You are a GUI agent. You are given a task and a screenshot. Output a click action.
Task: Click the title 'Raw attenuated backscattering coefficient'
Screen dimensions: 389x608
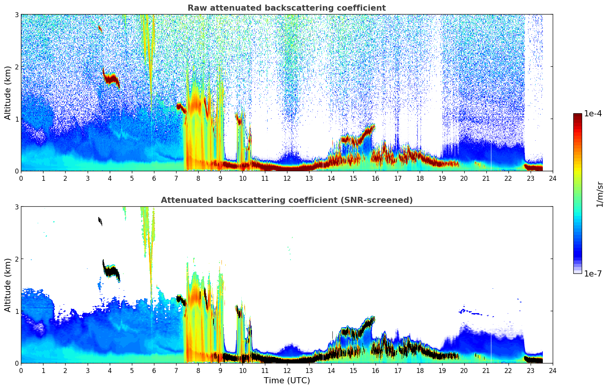287,8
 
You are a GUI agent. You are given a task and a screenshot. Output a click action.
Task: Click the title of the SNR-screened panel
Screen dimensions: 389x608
287,200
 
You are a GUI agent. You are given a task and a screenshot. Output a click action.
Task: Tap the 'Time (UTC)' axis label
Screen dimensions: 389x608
287,381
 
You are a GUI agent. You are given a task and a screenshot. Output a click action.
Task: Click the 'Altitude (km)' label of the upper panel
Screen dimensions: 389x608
8,93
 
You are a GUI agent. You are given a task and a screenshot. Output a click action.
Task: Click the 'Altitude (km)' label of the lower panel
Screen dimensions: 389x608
8,285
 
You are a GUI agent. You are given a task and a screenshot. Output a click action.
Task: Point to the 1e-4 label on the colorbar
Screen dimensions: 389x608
593,114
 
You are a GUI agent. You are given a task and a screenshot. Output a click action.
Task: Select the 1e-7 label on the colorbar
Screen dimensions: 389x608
593,273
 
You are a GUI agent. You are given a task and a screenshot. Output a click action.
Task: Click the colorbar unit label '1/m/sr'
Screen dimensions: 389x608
600,194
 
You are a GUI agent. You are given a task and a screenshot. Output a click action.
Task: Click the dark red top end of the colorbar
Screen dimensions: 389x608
577,116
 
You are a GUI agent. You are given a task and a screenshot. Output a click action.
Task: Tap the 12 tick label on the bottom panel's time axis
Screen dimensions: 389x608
287,371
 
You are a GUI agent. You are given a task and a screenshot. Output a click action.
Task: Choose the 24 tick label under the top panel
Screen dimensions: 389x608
553,178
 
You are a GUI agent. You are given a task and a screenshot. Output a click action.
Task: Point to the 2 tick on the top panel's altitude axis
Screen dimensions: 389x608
16,67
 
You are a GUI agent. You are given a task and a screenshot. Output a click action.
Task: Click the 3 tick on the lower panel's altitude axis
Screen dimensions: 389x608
16,207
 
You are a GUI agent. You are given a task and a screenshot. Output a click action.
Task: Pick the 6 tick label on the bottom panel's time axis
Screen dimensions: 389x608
154,371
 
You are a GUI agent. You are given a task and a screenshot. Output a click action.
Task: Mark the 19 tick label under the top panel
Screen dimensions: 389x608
442,178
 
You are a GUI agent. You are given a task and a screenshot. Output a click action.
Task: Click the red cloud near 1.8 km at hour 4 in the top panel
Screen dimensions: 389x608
111,79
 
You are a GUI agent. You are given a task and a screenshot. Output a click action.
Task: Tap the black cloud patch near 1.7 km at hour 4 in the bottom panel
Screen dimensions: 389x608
111,272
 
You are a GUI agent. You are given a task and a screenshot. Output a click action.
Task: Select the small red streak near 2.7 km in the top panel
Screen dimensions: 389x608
100,28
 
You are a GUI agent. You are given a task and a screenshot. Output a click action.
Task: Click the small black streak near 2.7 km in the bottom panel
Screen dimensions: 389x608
100,220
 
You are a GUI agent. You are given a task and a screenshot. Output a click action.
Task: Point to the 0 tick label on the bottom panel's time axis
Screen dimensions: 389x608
21,371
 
